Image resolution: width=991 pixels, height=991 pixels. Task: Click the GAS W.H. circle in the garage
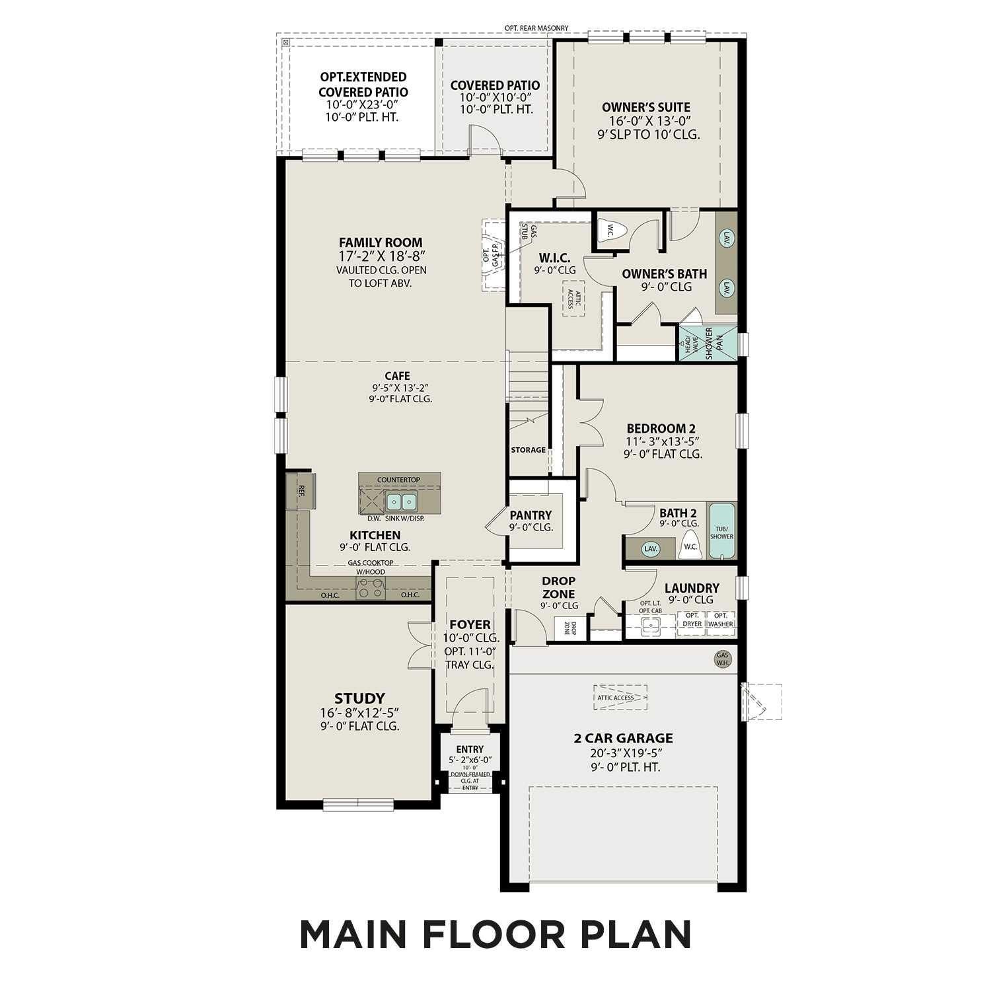tap(723, 659)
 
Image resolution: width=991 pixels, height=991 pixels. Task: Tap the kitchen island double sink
tap(401, 502)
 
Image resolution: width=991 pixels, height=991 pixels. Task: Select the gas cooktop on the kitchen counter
tap(371, 587)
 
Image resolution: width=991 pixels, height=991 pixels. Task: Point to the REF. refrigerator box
tap(301, 491)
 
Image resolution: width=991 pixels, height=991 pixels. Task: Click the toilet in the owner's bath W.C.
tap(609, 231)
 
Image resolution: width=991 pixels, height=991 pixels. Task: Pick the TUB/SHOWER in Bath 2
tap(721, 531)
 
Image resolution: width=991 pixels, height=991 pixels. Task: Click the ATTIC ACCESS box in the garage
tap(620, 698)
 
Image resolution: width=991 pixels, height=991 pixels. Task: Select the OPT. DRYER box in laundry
tap(692, 620)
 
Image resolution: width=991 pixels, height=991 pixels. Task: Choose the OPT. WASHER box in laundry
tap(721, 620)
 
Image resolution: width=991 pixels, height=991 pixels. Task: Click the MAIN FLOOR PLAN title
tap(495, 934)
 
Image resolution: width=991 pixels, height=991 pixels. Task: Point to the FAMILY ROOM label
tap(381, 242)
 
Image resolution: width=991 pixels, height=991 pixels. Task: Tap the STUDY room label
tap(359, 698)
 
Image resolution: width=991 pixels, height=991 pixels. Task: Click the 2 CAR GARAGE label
tap(623, 738)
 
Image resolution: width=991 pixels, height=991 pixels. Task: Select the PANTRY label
tap(531, 515)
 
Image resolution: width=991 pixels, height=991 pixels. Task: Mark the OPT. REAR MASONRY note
tap(536, 28)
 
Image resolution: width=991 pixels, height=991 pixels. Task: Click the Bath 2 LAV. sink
tap(651, 548)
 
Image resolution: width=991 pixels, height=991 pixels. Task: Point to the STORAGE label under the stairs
tap(528, 450)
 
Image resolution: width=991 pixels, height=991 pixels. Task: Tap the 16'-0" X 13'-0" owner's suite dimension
tap(646, 121)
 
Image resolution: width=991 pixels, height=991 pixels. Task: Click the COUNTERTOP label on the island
tap(398, 480)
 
